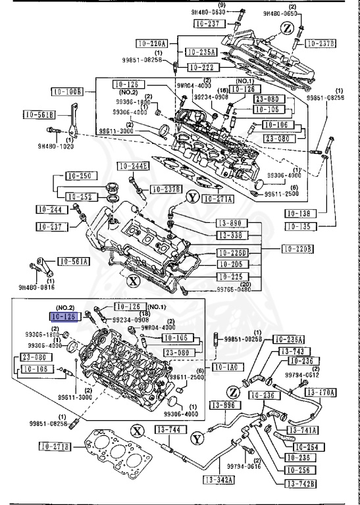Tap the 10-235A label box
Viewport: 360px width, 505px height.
(201, 51)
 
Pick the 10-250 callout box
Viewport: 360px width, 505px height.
(80, 176)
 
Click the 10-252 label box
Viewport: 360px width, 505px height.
(80, 196)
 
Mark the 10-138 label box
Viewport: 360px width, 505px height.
(301, 214)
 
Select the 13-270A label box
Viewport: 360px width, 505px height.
(322, 393)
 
